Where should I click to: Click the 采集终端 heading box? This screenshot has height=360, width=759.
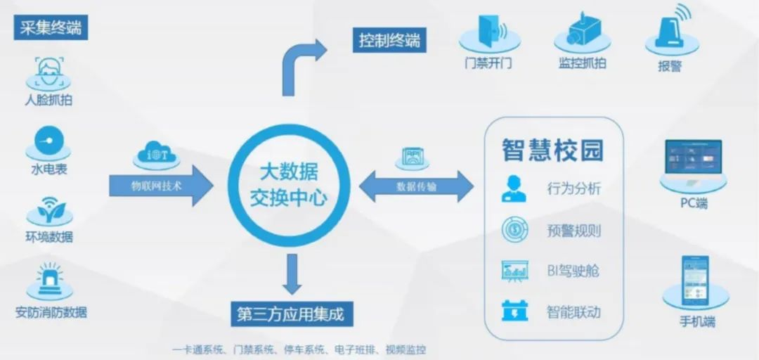click(51, 28)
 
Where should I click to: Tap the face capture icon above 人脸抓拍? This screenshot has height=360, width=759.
click(48, 72)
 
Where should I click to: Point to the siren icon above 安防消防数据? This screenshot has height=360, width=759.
click(49, 279)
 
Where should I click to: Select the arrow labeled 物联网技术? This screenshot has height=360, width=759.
click(161, 186)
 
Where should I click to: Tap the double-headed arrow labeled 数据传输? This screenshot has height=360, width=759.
click(416, 186)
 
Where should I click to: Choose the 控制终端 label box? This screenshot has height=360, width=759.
click(389, 40)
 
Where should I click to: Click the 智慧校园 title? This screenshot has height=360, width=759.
click(553, 150)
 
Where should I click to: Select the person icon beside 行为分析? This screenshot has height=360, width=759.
click(513, 188)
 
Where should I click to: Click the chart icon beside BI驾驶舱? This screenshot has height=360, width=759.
click(514, 271)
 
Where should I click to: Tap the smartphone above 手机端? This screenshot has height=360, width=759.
click(695, 281)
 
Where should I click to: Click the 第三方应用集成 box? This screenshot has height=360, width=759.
click(292, 314)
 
